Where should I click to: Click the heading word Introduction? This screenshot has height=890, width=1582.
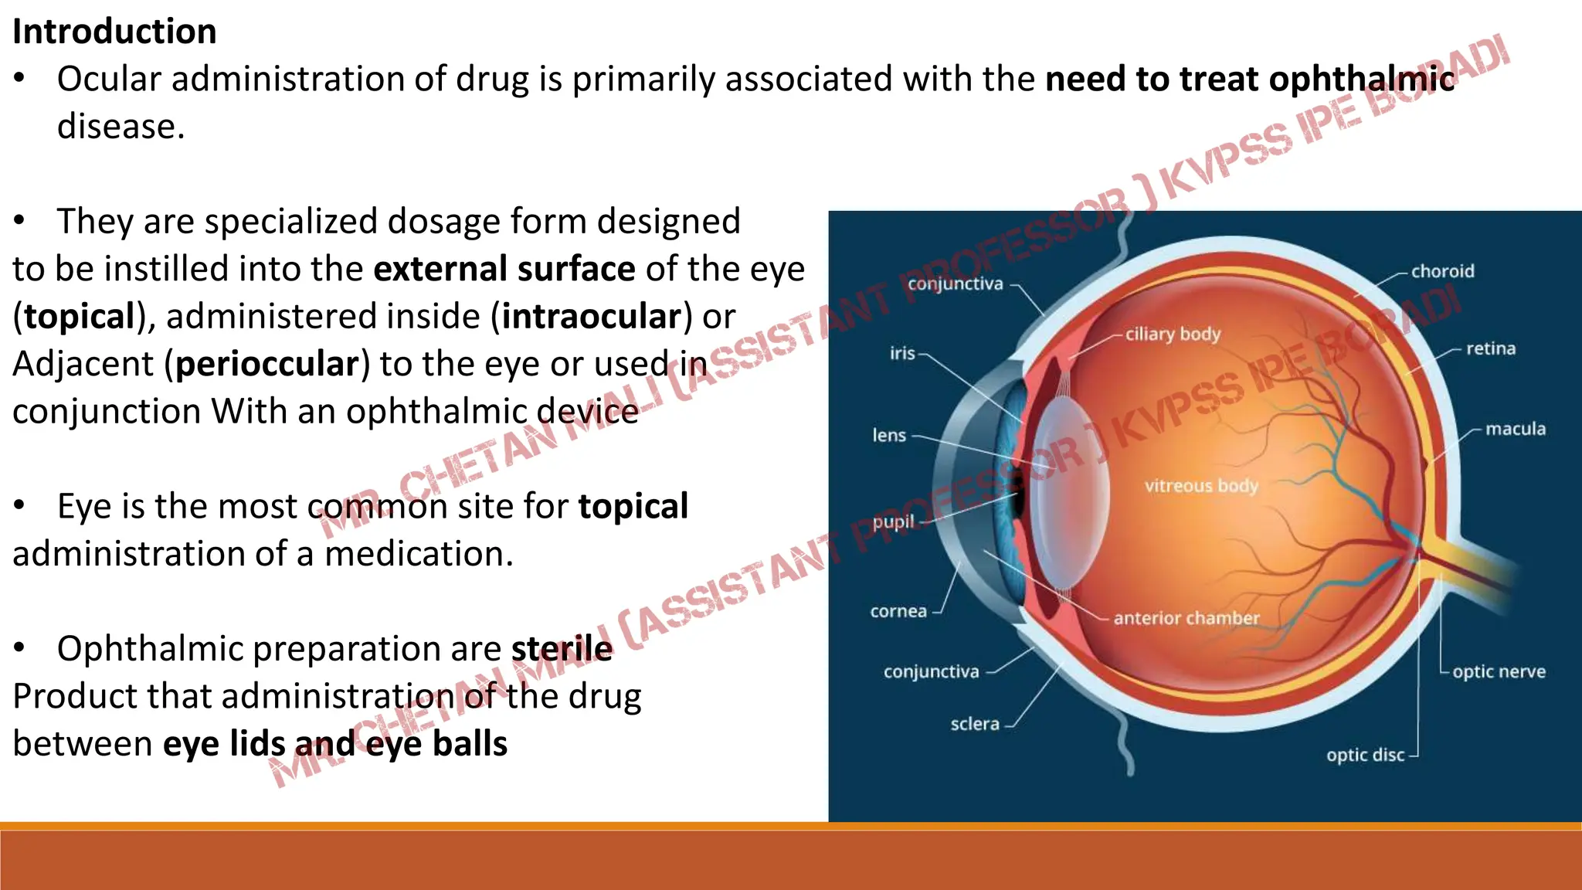click(114, 32)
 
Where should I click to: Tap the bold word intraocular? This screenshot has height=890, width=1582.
click(591, 317)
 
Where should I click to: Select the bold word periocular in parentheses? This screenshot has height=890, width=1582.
click(267, 364)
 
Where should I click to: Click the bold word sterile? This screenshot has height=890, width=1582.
click(562, 648)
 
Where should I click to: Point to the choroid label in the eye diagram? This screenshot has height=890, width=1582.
click(1442, 271)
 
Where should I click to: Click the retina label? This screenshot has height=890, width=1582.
click(1490, 348)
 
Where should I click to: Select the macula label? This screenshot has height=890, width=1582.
click(1515, 429)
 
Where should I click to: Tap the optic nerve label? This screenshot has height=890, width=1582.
click(1499, 671)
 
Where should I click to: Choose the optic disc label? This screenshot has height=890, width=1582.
click(1365, 755)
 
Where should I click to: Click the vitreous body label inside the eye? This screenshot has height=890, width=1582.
click(1201, 486)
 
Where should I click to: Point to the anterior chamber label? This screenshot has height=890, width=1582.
click(1186, 618)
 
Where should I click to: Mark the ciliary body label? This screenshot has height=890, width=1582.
click(1173, 334)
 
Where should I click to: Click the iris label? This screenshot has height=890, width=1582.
click(902, 353)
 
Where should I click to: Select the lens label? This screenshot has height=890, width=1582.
click(889, 435)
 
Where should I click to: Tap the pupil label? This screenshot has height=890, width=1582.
click(893, 521)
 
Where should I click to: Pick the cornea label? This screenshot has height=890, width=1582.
click(898, 611)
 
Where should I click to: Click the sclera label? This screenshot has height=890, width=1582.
click(974, 724)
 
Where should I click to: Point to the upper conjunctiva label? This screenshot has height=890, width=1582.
click(955, 284)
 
